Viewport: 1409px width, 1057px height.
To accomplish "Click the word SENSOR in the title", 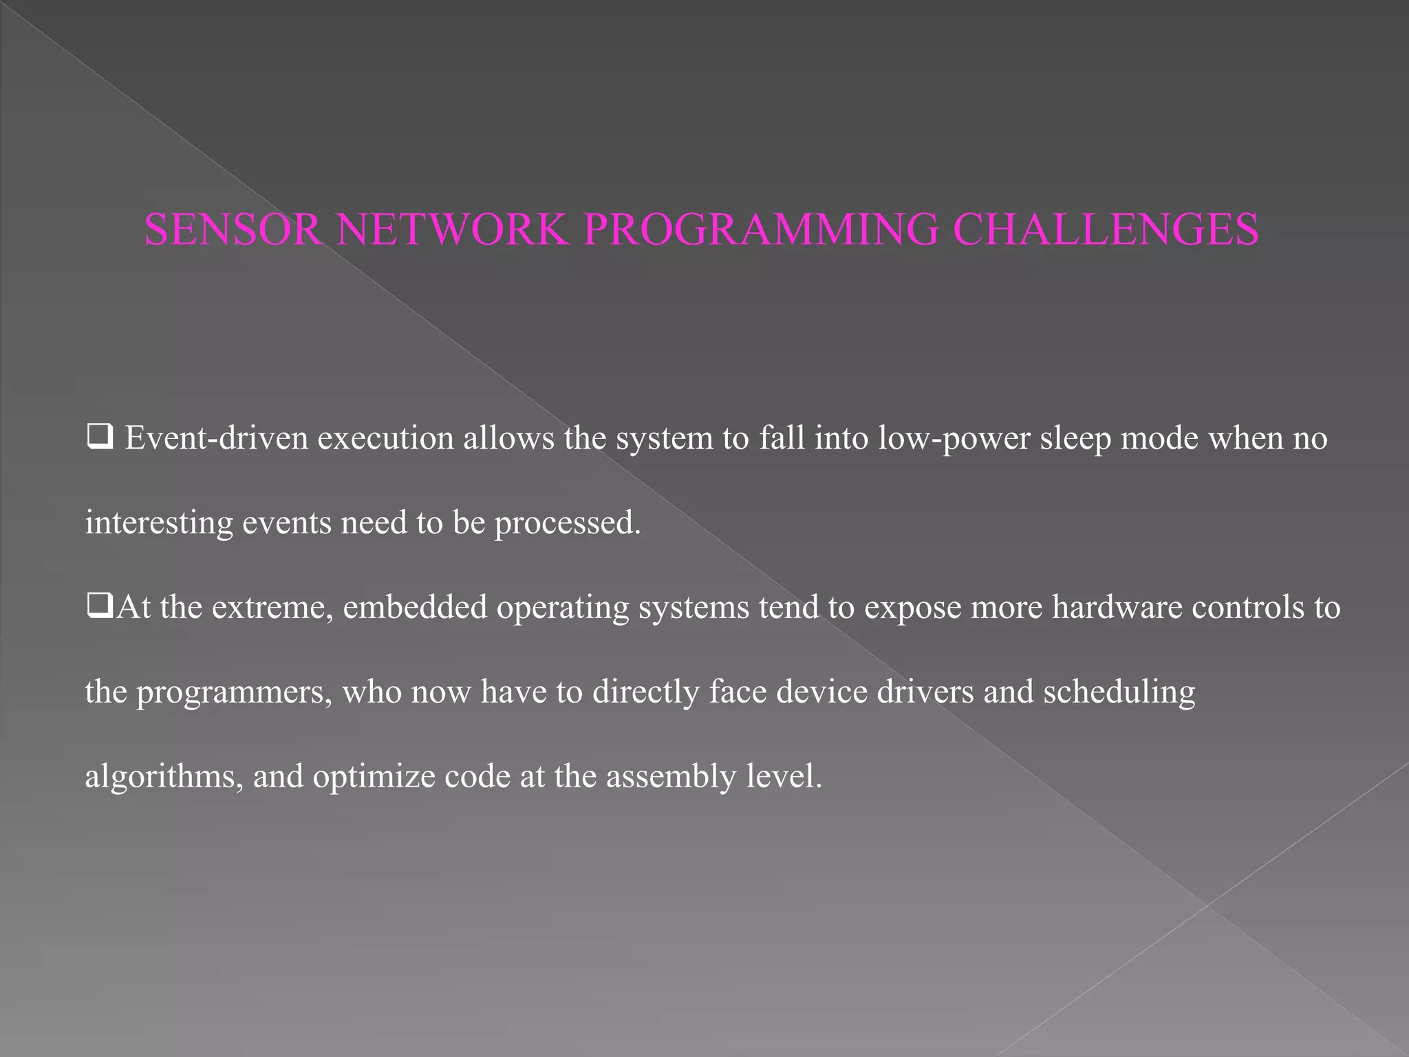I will (x=233, y=229).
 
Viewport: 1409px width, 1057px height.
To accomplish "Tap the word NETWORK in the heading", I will (x=453, y=229).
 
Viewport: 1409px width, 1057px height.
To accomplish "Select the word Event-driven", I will (x=216, y=438).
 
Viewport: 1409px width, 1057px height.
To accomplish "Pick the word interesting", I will (x=159, y=523).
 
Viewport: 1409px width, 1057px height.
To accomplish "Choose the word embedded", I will (x=415, y=607).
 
